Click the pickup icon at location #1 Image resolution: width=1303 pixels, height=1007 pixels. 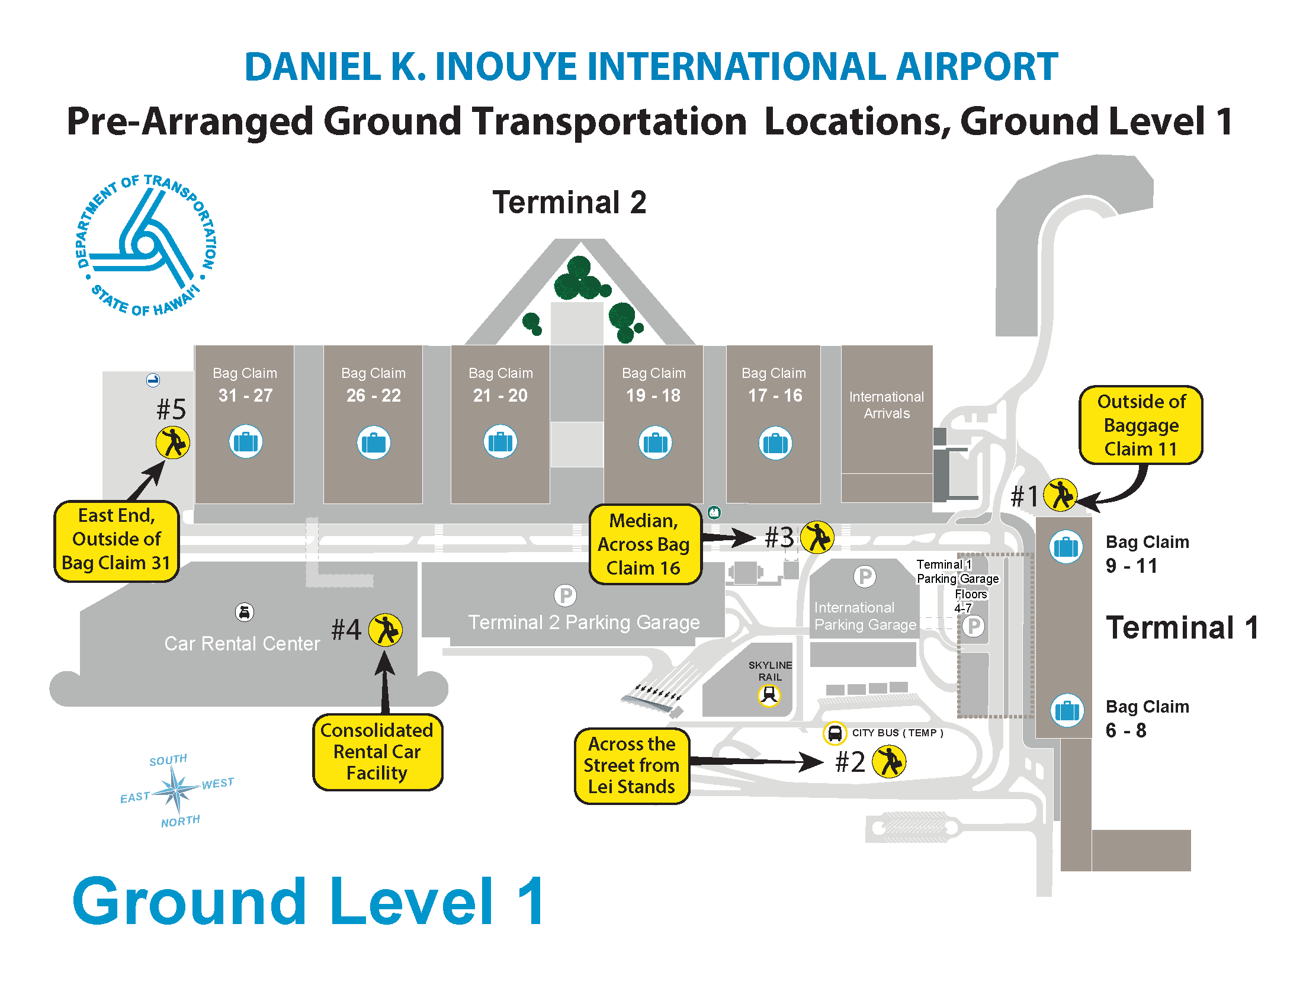coord(1060,495)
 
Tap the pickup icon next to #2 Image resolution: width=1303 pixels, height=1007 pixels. coord(889,762)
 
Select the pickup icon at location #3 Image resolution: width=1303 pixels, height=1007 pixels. coord(817,537)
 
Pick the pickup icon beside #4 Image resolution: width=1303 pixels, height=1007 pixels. coord(386,630)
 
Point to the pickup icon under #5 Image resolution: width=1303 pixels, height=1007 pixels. coord(173,442)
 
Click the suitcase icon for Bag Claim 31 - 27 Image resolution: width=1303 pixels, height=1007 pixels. coord(246,441)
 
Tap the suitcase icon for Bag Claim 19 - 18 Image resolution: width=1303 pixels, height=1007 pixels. coord(655,442)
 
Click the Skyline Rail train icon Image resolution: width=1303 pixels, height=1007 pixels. coord(769,695)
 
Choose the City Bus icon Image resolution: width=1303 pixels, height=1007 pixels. coord(835,733)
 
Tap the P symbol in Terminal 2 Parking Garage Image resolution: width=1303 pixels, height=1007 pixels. coord(565,595)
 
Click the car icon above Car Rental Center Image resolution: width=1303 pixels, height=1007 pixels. coord(245,612)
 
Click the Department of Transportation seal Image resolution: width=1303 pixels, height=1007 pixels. coord(146,245)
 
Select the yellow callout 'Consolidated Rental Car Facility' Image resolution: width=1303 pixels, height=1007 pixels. coord(377,752)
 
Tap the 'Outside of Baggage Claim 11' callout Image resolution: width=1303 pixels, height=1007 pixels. coord(1141,425)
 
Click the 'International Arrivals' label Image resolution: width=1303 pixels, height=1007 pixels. coord(887,405)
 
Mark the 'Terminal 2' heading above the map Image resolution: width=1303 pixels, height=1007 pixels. coord(569,202)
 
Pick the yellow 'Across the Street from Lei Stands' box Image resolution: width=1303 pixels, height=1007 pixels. coord(632,765)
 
